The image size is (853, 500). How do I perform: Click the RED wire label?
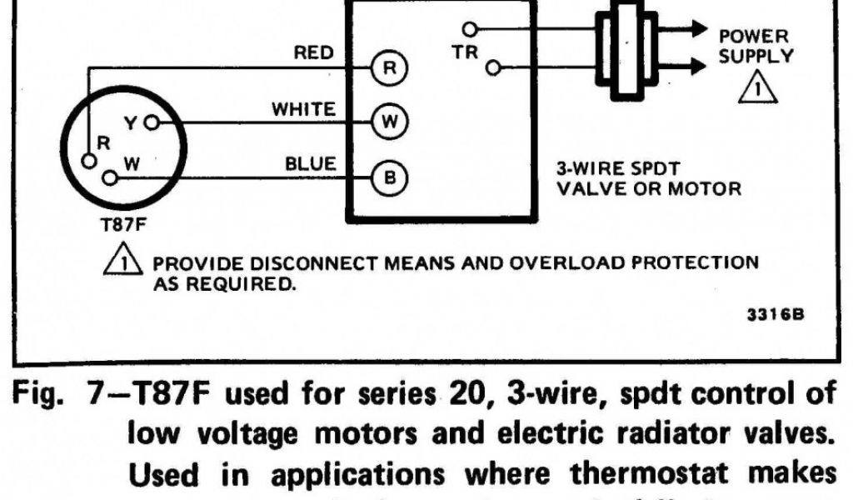(313, 53)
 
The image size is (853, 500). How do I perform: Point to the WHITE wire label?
(304, 109)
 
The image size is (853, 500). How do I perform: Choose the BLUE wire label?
(311, 164)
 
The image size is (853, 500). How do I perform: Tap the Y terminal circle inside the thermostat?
(151, 123)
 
